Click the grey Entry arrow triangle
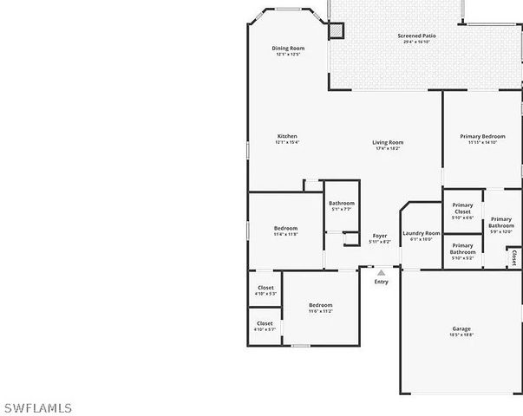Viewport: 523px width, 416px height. coord(381,273)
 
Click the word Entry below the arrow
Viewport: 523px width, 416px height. coord(381,282)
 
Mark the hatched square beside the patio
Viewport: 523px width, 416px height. coord(336,30)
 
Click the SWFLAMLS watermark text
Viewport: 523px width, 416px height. coord(38,407)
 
